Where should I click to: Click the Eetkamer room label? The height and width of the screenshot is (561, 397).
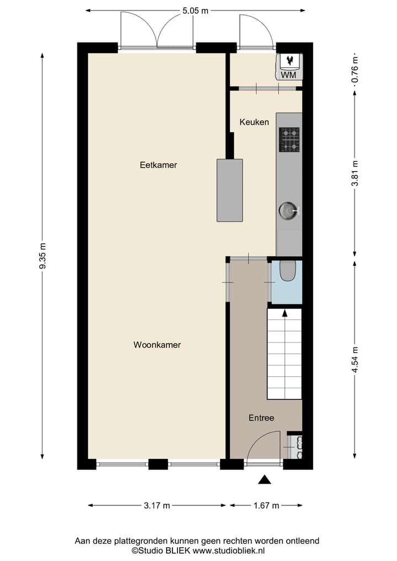tap(158, 164)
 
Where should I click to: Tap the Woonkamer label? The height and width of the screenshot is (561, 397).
tap(157, 345)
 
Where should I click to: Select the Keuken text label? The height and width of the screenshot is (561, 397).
tap(254, 122)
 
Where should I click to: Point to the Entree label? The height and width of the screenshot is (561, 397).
tap(261, 418)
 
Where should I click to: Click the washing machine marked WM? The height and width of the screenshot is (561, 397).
tap(289, 67)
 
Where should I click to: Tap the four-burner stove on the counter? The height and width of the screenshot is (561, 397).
tap(289, 140)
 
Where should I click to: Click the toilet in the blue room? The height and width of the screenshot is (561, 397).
tap(288, 270)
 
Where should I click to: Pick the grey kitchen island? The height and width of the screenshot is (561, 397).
tap(229, 190)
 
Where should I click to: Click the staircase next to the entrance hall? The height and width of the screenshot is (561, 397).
tap(285, 354)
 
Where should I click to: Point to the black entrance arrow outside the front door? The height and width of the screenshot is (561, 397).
tap(265, 480)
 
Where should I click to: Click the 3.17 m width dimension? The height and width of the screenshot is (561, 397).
tap(157, 505)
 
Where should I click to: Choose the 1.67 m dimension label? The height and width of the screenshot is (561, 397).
tap(266, 505)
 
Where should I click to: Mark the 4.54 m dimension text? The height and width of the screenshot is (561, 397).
tap(355, 360)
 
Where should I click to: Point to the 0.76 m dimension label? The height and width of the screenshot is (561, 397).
tap(355, 70)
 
